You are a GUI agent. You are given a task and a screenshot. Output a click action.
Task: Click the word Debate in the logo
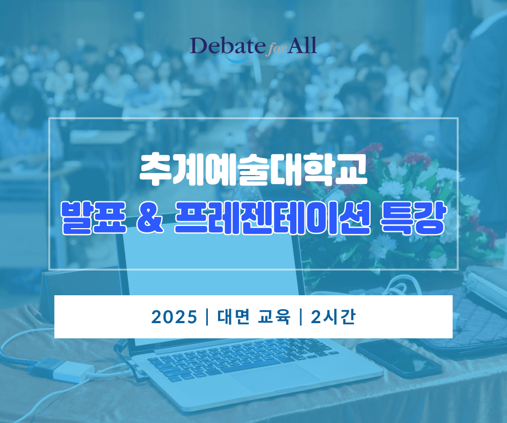tap(227, 46)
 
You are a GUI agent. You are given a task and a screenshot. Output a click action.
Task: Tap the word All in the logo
tap(302, 45)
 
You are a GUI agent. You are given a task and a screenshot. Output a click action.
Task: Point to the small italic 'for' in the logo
tap(276, 50)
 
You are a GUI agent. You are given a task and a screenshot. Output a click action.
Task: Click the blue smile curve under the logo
tap(237, 60)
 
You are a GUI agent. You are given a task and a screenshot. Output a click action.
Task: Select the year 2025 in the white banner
tap(174, 317)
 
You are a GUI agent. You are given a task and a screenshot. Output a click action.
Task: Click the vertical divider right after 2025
tap(207, 317)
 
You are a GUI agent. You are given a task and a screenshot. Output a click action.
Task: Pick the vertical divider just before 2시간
tap(301, 317)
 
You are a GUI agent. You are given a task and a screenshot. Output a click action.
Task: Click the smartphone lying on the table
tap(399, 358)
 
